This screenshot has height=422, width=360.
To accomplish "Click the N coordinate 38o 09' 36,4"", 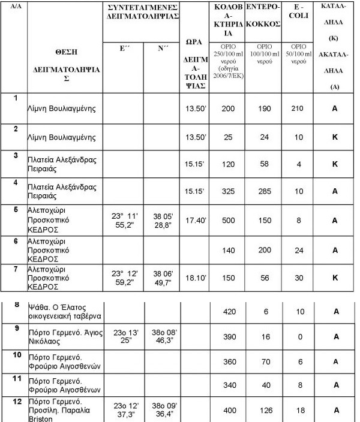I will tap(162, 409).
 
